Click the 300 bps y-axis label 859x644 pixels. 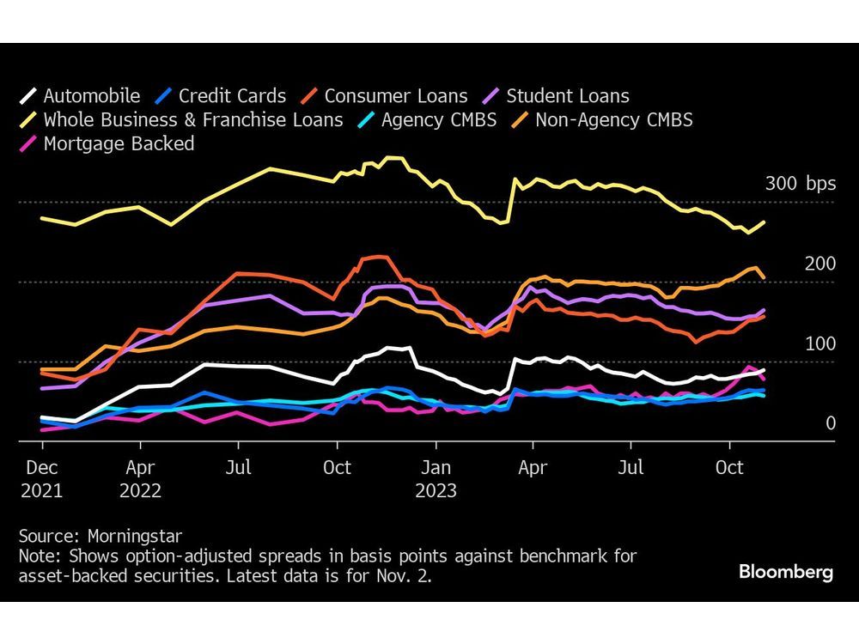coord(800,185)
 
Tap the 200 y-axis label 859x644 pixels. coord(819,264)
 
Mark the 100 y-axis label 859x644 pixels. coord(819,343)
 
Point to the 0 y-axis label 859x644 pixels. coord(830,423)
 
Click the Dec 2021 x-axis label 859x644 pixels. coord(41,480)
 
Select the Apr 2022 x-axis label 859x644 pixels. coord(140,480)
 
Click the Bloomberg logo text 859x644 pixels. coord(785,572)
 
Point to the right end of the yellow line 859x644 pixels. coord(764,222)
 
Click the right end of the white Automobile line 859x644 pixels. coord(764,369)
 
